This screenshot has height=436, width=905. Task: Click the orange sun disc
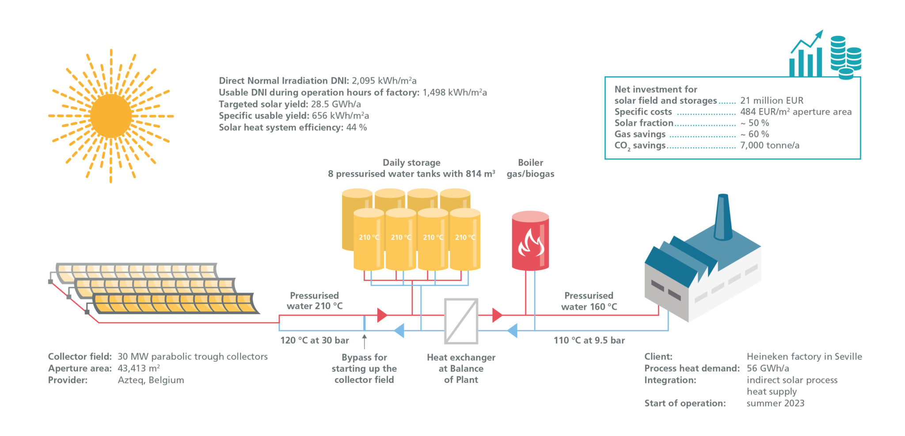point(110,116)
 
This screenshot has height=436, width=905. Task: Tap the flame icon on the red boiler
point(530,243)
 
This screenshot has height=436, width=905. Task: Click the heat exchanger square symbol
point(461,321)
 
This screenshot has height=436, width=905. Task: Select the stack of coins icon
point(845,57)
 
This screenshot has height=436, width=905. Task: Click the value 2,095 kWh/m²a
point(384,81)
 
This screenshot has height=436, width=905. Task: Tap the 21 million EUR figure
point(772,101)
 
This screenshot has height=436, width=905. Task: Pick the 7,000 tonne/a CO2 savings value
point(769,145)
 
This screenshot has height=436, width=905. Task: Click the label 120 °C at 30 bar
point(315,341)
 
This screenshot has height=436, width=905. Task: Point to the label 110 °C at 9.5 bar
point(589,341)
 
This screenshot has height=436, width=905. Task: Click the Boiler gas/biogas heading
point(530,168)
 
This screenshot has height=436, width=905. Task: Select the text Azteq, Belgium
point(151,380)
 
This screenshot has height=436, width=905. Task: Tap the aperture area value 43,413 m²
point(138,368)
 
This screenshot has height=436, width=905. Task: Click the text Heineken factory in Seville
point(804,356)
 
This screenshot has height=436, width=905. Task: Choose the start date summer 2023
point(775,403)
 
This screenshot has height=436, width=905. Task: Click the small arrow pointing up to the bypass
point(364,341)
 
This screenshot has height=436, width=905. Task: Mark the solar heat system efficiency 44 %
point(356,128)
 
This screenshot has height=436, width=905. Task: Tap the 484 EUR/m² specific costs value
point(795,112)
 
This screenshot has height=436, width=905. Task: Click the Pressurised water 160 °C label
point(589,301)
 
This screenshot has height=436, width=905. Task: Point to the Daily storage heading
point(411,163)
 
